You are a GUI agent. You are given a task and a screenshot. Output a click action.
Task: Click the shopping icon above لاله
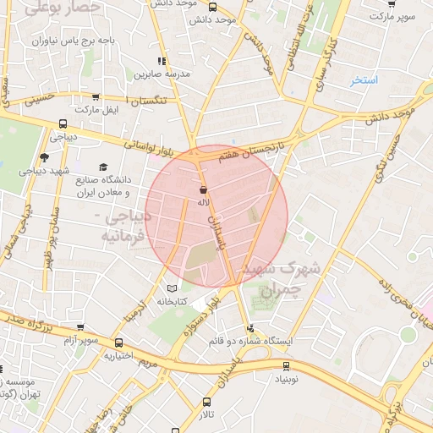tap(202, 190)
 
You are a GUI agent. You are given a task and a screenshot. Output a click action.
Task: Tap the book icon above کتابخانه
tap(173, 289)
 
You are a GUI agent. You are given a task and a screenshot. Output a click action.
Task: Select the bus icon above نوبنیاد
tap(286, 366)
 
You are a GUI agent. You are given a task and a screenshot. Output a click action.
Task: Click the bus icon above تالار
tap(206, 403)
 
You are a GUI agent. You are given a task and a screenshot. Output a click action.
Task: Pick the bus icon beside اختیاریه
tap(118, 344)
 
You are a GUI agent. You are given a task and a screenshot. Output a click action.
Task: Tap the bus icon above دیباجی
tap(63, 123)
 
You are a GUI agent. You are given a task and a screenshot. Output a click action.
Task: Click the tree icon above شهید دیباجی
tap(44, 156)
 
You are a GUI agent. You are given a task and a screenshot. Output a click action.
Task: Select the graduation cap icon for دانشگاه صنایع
tap(103, 167)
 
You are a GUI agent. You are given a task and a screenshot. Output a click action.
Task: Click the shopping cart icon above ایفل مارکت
tap(95, 98)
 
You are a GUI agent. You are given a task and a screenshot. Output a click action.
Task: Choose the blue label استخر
tap(364, 80)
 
